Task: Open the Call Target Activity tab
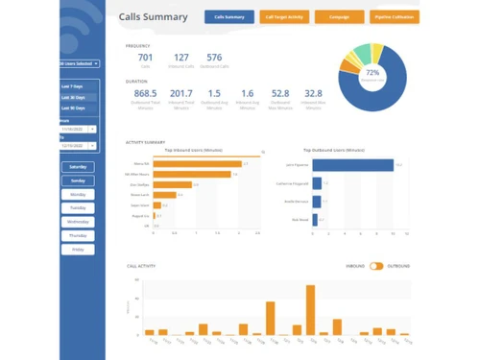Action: coord(284,17)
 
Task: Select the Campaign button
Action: coord(338,17)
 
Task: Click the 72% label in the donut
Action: coord(372,74)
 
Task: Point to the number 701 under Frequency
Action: coord(145,58)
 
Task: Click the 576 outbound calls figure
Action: coord(213,58)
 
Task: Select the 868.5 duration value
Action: coord(146,93)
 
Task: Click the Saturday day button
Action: coord(78,167)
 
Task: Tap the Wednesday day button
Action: coord(78,222)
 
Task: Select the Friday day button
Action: coord(78,250)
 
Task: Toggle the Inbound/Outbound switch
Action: coord(376,266)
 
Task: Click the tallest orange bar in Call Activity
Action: coord(310,308)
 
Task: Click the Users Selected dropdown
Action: coord(77,63)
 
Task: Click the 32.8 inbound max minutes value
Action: coord(314,93)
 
